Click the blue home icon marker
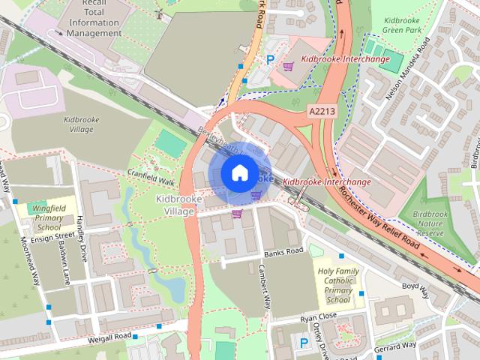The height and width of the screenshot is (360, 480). coord(238,173)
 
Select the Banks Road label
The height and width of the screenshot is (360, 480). coord(283,251)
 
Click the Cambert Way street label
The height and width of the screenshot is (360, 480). coord(264,286)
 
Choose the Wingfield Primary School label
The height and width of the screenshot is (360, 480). coord(49,217)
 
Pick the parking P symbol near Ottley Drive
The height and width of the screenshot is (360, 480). coord(304,343)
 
